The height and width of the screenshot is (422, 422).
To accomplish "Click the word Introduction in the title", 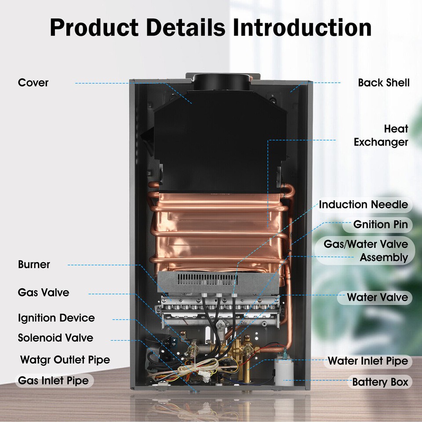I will pyautogui.click(x=302, y=27).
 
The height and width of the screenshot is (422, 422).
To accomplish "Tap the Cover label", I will pyautogui.click(x=33, y=83).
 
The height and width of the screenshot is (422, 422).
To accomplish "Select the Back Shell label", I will pyautogui.click(x=383, y=83).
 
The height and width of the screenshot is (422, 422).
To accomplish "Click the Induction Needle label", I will pyautogui.click(x=363, y=204).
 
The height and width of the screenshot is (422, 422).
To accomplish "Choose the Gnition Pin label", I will pyautogui.click(x=380, y=225).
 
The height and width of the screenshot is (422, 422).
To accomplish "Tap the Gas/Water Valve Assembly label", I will pyautogui.click(x=366, y=251).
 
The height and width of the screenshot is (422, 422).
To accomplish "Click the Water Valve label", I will pyautogui.click(x=377, y=297).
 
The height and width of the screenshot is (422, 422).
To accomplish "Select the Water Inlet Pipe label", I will pyautogui.click(x=367, y=361).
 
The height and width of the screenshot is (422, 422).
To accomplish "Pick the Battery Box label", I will pyautogui.click(x=380, y=382).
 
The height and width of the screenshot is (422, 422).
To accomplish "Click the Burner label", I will pyautogui.click(x=34, y=265).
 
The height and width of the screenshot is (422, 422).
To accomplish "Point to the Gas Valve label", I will pyautogui.click(x=44, y=292).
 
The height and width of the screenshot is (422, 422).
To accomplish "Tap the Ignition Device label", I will pyautogui.click(x=56, y=318).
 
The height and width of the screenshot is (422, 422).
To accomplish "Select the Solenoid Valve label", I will pyautogui.click(x=55, y=338).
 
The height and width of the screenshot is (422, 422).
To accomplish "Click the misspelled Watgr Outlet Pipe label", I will pyautogui.click(x=65, y=360).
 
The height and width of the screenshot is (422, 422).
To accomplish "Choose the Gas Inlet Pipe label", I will pyautogui.click(x=53, y=381).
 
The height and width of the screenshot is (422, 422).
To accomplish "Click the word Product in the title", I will pyautogui.click(x=94, y=27).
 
